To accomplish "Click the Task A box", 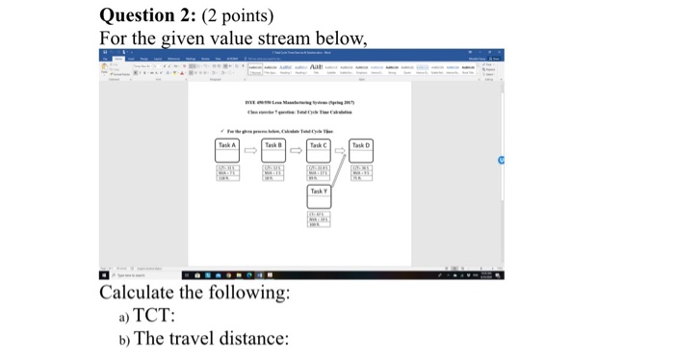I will tap(228, 145).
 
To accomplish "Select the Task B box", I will tap(272, 145).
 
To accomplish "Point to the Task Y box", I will tap(318, 193).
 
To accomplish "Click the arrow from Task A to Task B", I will tap(250, 149).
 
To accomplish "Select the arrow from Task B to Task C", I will tap(295, 149).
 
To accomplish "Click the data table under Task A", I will tap(228, 171).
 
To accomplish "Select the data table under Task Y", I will tap(318, 219).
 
